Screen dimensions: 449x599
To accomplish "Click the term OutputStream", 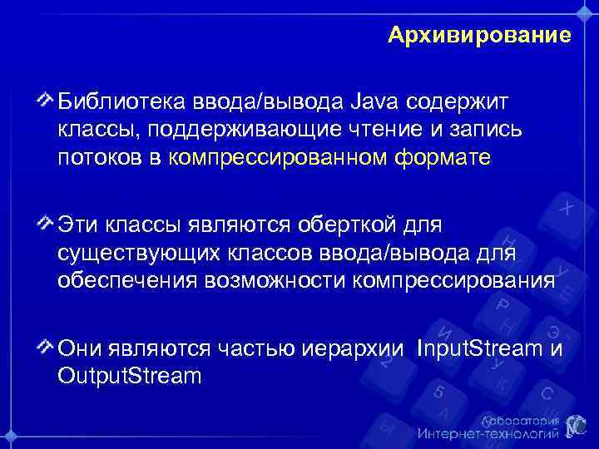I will coord(130,375).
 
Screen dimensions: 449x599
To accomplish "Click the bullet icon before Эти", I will coord(47,224).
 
